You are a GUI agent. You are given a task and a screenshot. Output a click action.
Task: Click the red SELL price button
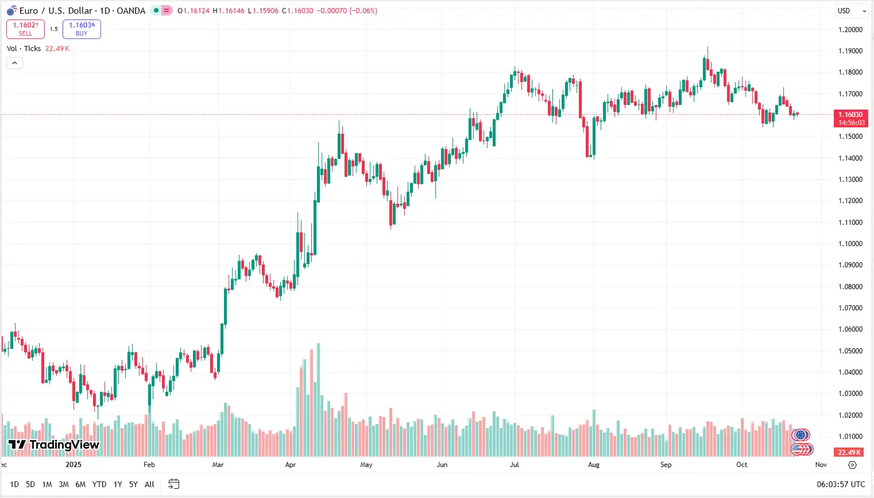(x=25, y=29)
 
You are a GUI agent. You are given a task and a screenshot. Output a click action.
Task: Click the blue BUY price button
(x=82, y=29)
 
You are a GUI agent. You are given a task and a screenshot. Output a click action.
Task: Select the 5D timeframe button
(x=30, y=485)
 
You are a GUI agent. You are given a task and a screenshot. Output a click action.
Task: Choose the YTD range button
(x=99, y=485)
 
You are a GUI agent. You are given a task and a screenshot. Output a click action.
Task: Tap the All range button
(x=149, y=485)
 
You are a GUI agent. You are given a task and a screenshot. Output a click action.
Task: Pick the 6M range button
(x=80, y=485)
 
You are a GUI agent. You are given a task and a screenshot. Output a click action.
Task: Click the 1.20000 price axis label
(x=850, y=30)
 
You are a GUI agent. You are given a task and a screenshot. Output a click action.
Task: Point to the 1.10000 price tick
(x=850, y=244)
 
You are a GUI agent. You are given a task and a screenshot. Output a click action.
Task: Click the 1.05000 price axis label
(x=850, y=351)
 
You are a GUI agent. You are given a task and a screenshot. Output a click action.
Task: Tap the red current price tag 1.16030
(x=850, y=118)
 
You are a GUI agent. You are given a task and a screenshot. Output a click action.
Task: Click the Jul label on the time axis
(x=515, y=465)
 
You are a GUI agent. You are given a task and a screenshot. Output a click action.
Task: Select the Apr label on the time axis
(x=291, y=465)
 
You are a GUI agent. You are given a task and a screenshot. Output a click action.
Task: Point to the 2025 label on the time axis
(x=74, y=465)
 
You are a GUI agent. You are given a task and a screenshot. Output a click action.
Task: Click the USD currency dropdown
(x=852, y=11)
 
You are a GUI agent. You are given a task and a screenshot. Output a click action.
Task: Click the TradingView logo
(x=54, y=445)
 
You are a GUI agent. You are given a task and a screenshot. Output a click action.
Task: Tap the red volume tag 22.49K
(x=849, y=453)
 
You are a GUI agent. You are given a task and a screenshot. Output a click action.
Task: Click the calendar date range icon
(x=173, y=484)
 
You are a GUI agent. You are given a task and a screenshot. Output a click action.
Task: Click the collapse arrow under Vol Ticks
(x=14, y=63)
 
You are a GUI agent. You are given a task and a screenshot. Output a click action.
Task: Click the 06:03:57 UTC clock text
(x=841, y=485)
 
